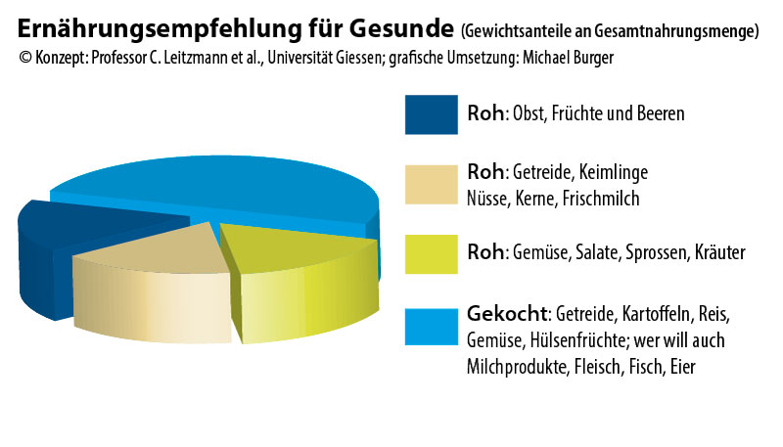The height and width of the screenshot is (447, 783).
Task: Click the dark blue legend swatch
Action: [431, 113]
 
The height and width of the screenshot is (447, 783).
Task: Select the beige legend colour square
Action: [431, 184]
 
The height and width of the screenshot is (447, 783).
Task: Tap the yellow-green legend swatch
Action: [431, 253]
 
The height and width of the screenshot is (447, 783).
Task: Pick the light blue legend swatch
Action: [431, 327]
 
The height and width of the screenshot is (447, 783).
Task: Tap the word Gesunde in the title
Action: [409, 29]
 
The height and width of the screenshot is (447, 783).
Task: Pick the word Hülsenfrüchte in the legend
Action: [571, 340]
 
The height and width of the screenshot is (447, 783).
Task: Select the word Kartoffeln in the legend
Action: [656, 316]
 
